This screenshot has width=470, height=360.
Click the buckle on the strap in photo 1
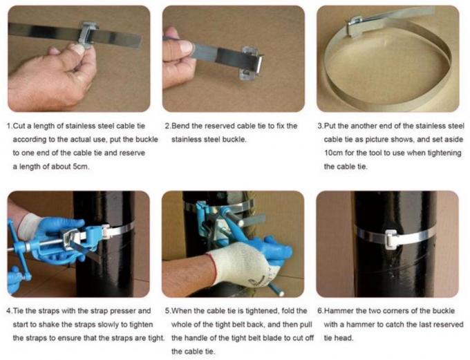(x=88, y=34)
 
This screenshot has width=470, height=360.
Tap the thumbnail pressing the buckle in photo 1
(x=79, y=49)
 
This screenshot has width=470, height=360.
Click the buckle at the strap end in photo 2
(x=251, y=63)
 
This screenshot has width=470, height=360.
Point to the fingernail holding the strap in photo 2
(x=186, y=48)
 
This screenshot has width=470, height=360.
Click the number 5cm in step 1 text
(x=81, y=167)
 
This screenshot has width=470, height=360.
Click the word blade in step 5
(x=272, y=338)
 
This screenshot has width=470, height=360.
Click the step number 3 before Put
(x=319, y=126)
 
